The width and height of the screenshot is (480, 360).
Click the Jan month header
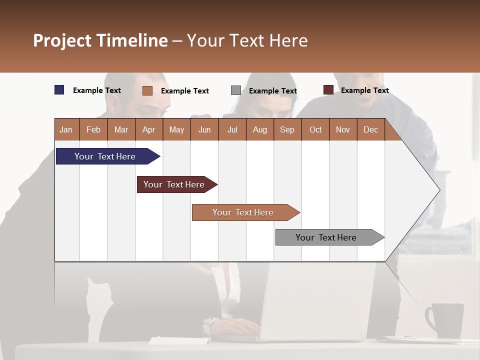(66, 129)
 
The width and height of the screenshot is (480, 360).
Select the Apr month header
(149, 129)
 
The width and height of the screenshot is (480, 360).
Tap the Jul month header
(232, 129)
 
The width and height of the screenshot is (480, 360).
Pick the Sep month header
(287, 129)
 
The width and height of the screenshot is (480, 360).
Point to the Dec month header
(370, 129)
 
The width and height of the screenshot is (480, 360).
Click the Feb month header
(93, 129)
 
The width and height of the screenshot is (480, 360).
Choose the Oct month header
(315, 129)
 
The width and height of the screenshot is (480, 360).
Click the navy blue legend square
(59, 90)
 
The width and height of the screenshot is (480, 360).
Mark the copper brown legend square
(147, 90)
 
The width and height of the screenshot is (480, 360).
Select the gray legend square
(236, 90)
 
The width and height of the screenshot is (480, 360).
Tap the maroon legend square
(328, 90)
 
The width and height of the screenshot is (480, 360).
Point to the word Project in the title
(62, 40)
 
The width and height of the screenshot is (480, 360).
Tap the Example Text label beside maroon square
(364, 90)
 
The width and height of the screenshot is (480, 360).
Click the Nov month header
(343, 129)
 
